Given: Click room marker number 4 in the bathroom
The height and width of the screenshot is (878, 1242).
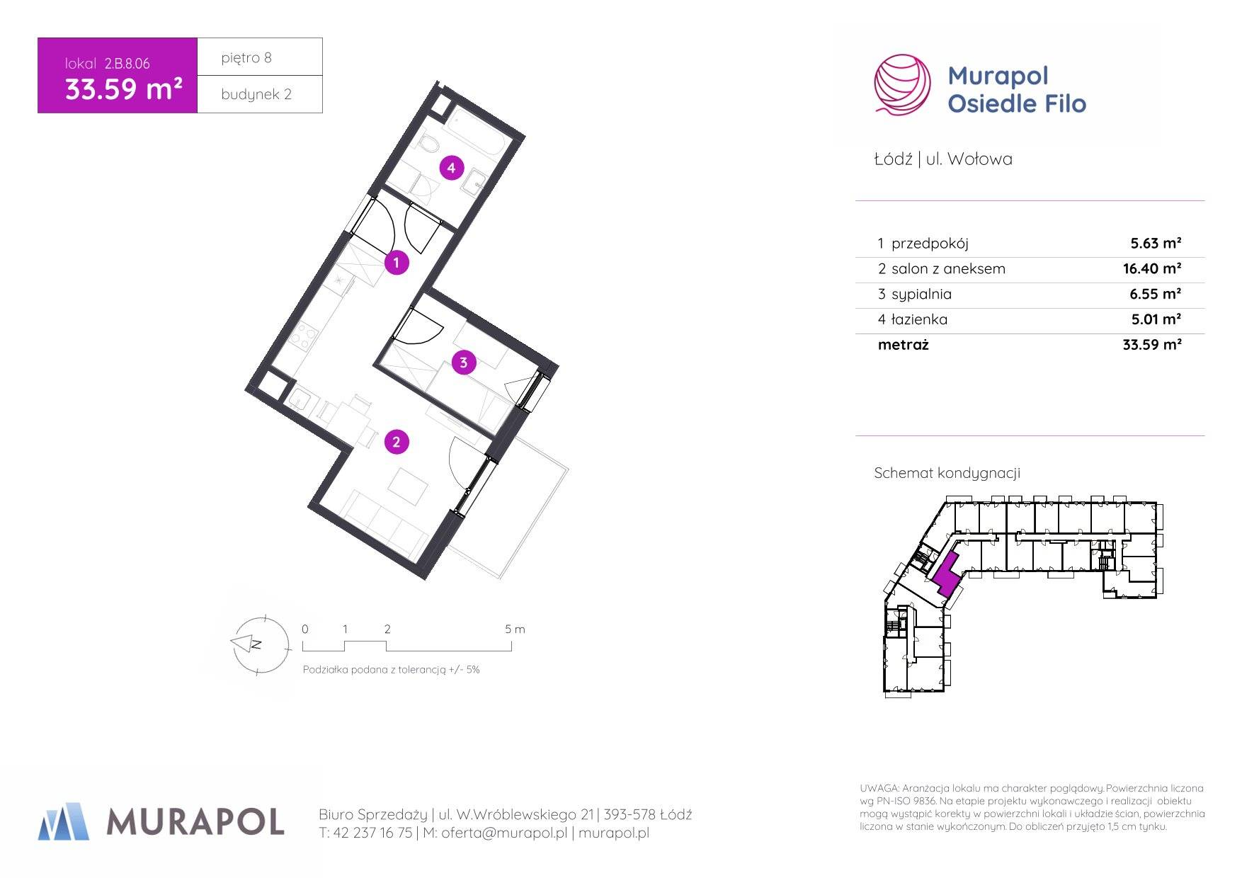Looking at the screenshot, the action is (x=452, y=168).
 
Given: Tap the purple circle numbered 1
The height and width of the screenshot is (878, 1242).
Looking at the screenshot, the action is (x=397, y=263).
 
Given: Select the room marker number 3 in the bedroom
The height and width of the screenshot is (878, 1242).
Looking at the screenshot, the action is (x=464, y=363).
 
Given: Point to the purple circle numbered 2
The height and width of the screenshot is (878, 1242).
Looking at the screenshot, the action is (x=397, y=442).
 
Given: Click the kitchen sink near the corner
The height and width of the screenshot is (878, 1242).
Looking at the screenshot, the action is (x=300, y=401).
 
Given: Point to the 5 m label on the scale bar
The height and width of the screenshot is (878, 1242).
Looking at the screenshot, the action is (x=515, y=629).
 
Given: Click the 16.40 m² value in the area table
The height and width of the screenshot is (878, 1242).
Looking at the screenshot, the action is (x=1152, y=268).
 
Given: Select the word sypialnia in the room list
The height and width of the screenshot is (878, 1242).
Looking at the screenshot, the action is (x=921, y=295).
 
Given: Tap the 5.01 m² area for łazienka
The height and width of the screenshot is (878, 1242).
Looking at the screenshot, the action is (x=1156, y=319).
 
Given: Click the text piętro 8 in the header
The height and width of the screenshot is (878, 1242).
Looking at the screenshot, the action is (x=246, y=58).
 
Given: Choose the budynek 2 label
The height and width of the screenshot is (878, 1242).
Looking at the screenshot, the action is (x=256, y=94).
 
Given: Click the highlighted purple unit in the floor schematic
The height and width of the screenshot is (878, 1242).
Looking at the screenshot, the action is (x=947, y=574).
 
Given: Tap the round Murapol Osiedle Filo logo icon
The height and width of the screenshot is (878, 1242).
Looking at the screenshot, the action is (x=903, y=85).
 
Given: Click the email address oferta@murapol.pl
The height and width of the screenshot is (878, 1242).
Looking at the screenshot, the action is (x=504, y=833).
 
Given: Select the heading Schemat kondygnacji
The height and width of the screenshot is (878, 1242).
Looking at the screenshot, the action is (x=947, y=473).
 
